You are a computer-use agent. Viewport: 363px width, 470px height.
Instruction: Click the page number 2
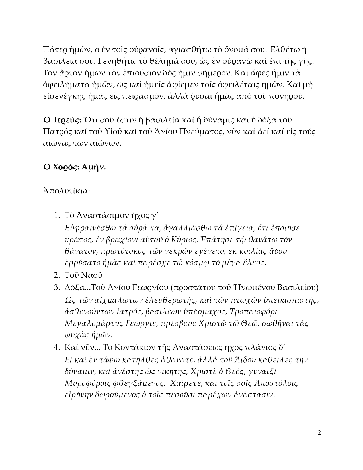[319, 433]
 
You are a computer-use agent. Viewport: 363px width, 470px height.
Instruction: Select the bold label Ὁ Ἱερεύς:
[62, 120]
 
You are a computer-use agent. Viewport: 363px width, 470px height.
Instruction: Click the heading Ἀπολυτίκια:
[66, 191]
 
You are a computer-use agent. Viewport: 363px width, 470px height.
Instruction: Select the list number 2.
[56, 275]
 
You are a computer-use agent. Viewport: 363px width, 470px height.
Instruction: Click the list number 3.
[56, 287]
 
